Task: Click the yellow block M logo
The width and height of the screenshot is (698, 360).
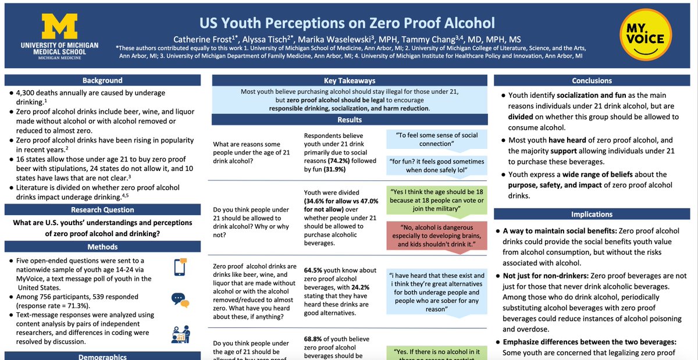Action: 59,26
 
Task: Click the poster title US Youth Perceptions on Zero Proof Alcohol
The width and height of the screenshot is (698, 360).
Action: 347,23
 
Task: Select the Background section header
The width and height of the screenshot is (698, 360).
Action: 102,80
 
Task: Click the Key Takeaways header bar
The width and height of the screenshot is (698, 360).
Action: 349,81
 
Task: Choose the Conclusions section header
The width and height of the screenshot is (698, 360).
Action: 592,81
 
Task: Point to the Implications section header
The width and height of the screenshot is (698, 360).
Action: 592,214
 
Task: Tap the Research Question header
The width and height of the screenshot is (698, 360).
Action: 102,210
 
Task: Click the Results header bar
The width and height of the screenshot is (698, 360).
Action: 349,120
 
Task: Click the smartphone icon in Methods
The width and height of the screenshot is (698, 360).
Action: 180,266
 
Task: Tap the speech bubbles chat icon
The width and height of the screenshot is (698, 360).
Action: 179,299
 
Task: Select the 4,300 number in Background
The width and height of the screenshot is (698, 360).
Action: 24,92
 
